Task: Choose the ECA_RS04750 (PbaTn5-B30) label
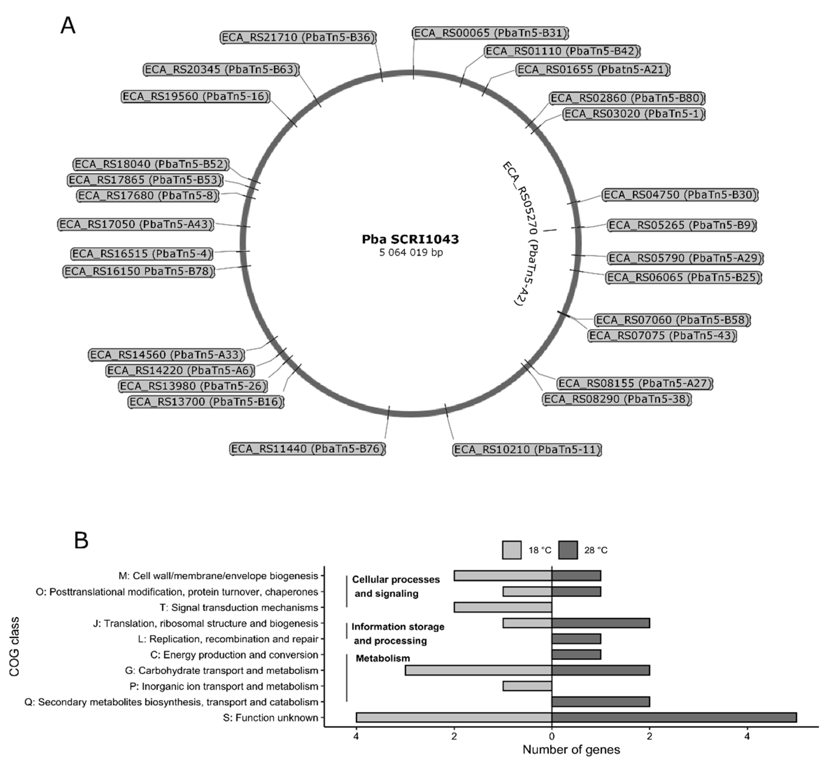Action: coord(680,195)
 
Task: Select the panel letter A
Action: coord(68,26)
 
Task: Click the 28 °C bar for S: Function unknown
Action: coord(674,718)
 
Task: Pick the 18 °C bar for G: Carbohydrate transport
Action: coord(478,671)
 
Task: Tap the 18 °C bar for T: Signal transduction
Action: coord(503,607)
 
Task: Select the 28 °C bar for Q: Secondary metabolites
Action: coord(601,702)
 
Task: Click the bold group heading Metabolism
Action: coord(383,658)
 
